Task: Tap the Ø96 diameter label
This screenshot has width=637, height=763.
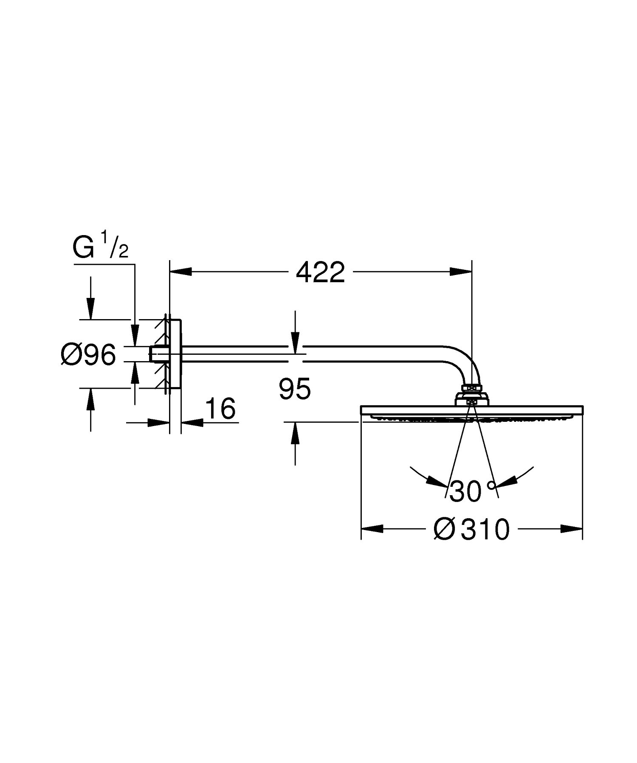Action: coord(88,354)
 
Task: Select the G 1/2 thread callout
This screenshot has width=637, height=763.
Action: coord(100,248)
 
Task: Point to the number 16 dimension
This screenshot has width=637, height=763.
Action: coord(220,409)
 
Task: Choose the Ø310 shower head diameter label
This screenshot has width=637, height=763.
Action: coord(471,529)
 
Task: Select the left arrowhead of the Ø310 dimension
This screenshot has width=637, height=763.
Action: coord(372,529)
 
